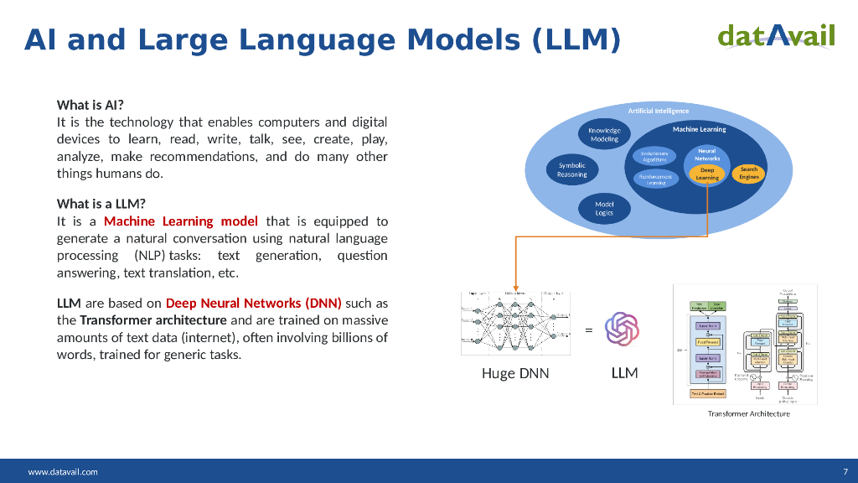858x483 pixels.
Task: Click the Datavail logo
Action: (776, 35)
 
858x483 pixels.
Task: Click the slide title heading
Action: (323, 39)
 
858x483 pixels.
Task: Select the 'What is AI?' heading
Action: (90, 105)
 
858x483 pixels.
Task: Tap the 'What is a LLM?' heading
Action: (101, 204)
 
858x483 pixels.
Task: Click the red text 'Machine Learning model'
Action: (181, 221)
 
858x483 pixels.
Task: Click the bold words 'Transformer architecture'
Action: (153, 320)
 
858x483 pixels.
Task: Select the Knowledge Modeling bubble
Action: (604, 135)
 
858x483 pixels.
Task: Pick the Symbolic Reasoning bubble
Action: (572, 170)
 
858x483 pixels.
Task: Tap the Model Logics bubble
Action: (604, 208)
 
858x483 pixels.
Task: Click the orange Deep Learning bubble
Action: (707, 174)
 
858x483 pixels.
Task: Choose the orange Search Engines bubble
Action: (748, 173)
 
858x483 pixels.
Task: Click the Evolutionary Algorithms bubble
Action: (654, 156)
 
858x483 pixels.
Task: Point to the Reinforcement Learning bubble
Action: (655, 179)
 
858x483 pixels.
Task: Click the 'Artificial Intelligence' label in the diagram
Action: (659, 111)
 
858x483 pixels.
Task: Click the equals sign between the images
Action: (588, 330)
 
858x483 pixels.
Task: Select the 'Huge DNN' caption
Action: (515, 373)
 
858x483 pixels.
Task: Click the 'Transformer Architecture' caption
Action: (748, 413)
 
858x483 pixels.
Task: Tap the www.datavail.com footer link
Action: (63, 471)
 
